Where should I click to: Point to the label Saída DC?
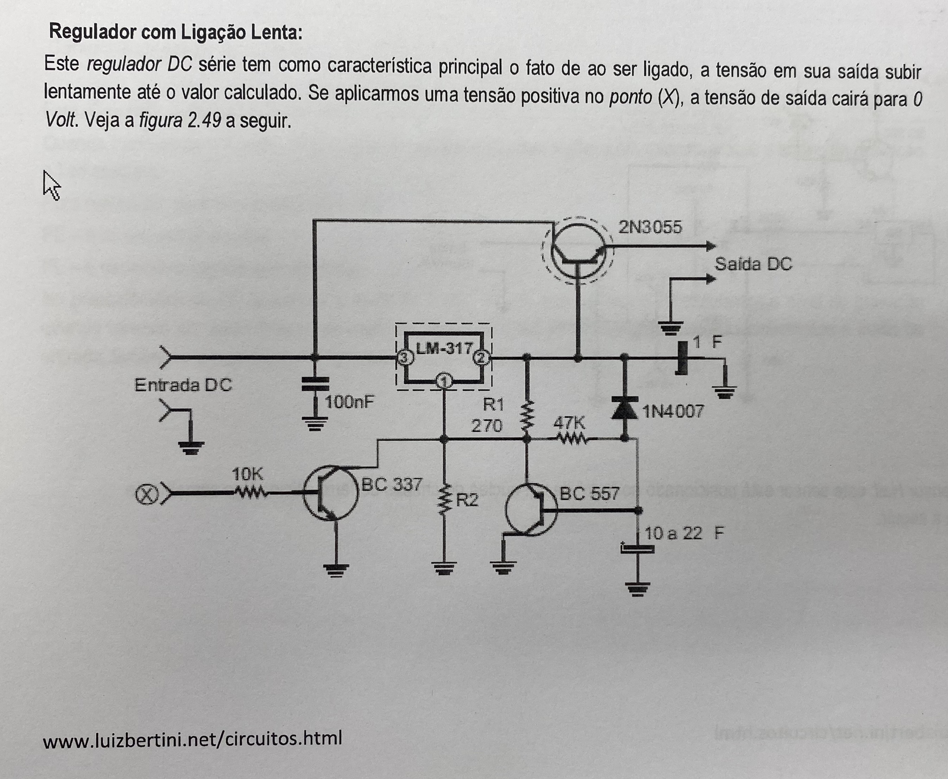coord(753,264)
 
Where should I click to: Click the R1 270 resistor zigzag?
coord(527,416)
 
